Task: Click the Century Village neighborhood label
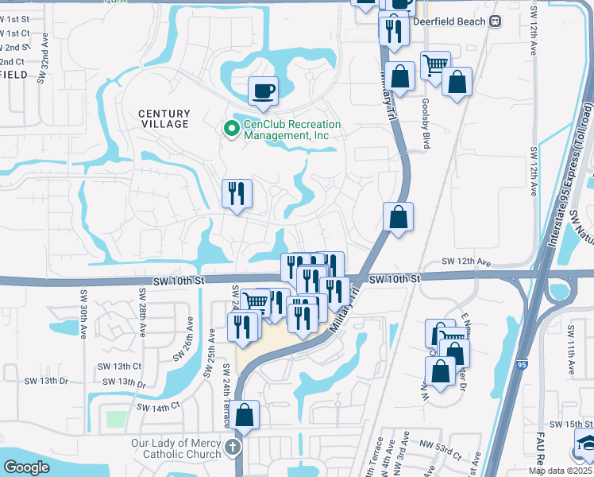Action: [164, 118]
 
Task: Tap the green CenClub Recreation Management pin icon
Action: [231, 127]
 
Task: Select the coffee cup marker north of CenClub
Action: [262, 91]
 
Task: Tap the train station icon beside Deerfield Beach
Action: [496, 21]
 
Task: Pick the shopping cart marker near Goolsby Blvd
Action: [435, 64]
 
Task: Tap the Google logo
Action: [26, 467]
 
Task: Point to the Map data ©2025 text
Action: [560, 471]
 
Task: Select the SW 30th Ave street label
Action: [82, 314]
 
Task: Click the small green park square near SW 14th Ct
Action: [116, 418]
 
